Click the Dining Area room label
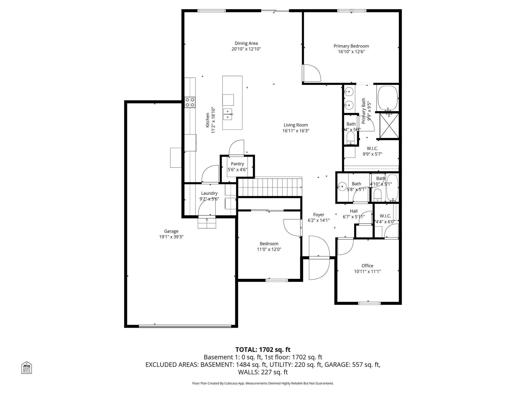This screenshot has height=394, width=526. pyautogui.click(x=246, y=43)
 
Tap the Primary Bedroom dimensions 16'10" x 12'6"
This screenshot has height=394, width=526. pyautogui.click(x=351, y=52)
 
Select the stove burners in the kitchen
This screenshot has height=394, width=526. pyautogui.click(x=190, y=102)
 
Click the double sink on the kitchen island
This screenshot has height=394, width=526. pyautogui.click(x=228, y=114)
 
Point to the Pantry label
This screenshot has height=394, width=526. pyautogui.click(x=237, y=164)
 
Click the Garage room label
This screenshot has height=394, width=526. pyautogui.click(x=171, y=231)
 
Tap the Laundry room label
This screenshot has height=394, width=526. pyautogui.click(x=209, y=193)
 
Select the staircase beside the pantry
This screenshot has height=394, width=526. pyautogui.click(x=270, y=188)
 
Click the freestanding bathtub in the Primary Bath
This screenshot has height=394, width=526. pyautogui.click(x=388, y=98)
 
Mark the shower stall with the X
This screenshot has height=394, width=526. pyautogui.click(x=389, y=126)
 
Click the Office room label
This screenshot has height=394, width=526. pyautogui.click(x=367, y=266)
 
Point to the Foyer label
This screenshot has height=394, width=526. pyautogui.click(x=318, y=215)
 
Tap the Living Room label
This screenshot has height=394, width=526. pyautogui.click(x=296, y=125)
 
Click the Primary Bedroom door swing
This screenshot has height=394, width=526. pyautogui.click(x=312, y=73)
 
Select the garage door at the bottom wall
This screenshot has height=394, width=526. pyautogui.click(x=185, y=327)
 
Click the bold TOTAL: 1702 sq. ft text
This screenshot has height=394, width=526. pyautogui.click(x=263, y=350)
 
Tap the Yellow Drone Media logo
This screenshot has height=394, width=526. pyautogui.click(x=26, y=367)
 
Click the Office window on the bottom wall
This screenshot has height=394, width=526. pyautogui.click(x=369, y=303)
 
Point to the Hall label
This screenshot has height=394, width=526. pyautogui.click(x=354, y=211)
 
